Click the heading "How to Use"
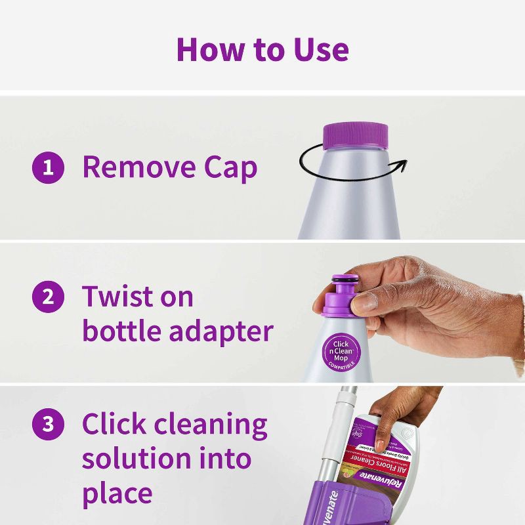262,49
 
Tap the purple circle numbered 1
49,168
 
